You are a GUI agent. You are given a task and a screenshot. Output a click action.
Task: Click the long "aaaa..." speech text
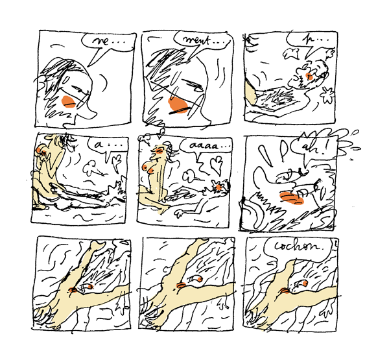[202, 147]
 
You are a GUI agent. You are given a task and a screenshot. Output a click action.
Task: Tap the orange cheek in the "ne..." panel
[66, 101]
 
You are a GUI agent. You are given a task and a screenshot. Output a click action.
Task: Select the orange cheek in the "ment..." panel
[177, 104]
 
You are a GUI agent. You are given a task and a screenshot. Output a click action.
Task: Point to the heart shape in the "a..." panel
[117, 159]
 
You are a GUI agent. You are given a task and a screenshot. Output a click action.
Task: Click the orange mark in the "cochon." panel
[293, 285]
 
